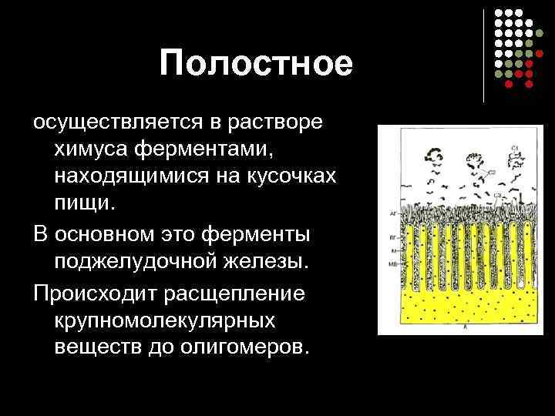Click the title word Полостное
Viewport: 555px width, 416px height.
click(x=257, y=64)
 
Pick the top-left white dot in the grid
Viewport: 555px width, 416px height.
click(x=499, y=14)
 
